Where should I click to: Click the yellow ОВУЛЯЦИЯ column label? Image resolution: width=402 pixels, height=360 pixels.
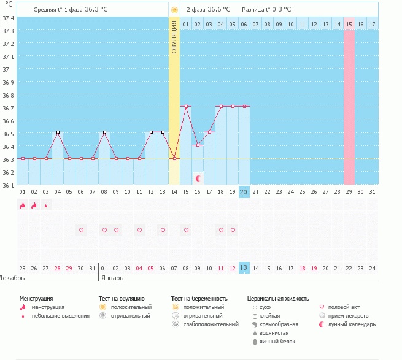click(x=174, y=37)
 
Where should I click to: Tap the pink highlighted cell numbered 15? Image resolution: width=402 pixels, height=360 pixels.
click(x=349, y=24)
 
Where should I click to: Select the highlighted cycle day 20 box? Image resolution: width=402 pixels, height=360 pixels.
click(x=244, y=192)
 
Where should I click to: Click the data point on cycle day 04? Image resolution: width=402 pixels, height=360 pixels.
click(x=58, y=132)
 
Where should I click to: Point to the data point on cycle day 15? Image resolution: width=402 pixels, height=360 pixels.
click(x=186, y=107)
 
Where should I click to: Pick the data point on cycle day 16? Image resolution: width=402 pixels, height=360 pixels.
click(x=198, y=145)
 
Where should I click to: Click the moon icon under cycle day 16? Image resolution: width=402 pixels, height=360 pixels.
click(x=198, y=178)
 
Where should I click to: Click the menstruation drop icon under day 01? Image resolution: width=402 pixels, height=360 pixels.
click(x=23, y=206)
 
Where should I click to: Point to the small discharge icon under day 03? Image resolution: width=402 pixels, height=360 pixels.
click(x=46, y=206)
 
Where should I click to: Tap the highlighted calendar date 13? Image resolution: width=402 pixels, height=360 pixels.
click(x=244, y=267)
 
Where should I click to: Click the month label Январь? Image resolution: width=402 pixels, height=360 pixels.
click(x=112, y=277)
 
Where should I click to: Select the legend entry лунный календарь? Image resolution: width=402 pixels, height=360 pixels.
click(x=351, y=324)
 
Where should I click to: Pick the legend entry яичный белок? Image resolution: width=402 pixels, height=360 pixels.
click(x=276, y=342)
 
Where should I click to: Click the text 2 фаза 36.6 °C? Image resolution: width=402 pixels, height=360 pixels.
click(x=208, y=10)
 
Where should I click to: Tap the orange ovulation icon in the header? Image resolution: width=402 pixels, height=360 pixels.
click(x=174, y=10)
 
